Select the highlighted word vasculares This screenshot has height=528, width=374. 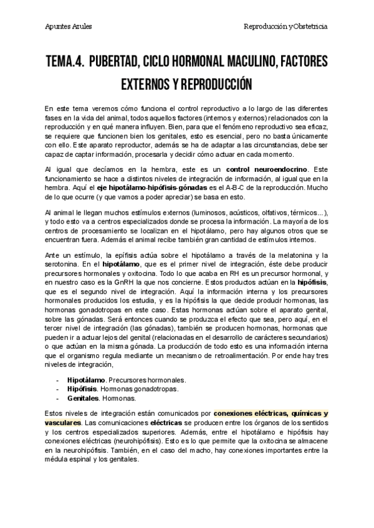[x=64, y=423]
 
